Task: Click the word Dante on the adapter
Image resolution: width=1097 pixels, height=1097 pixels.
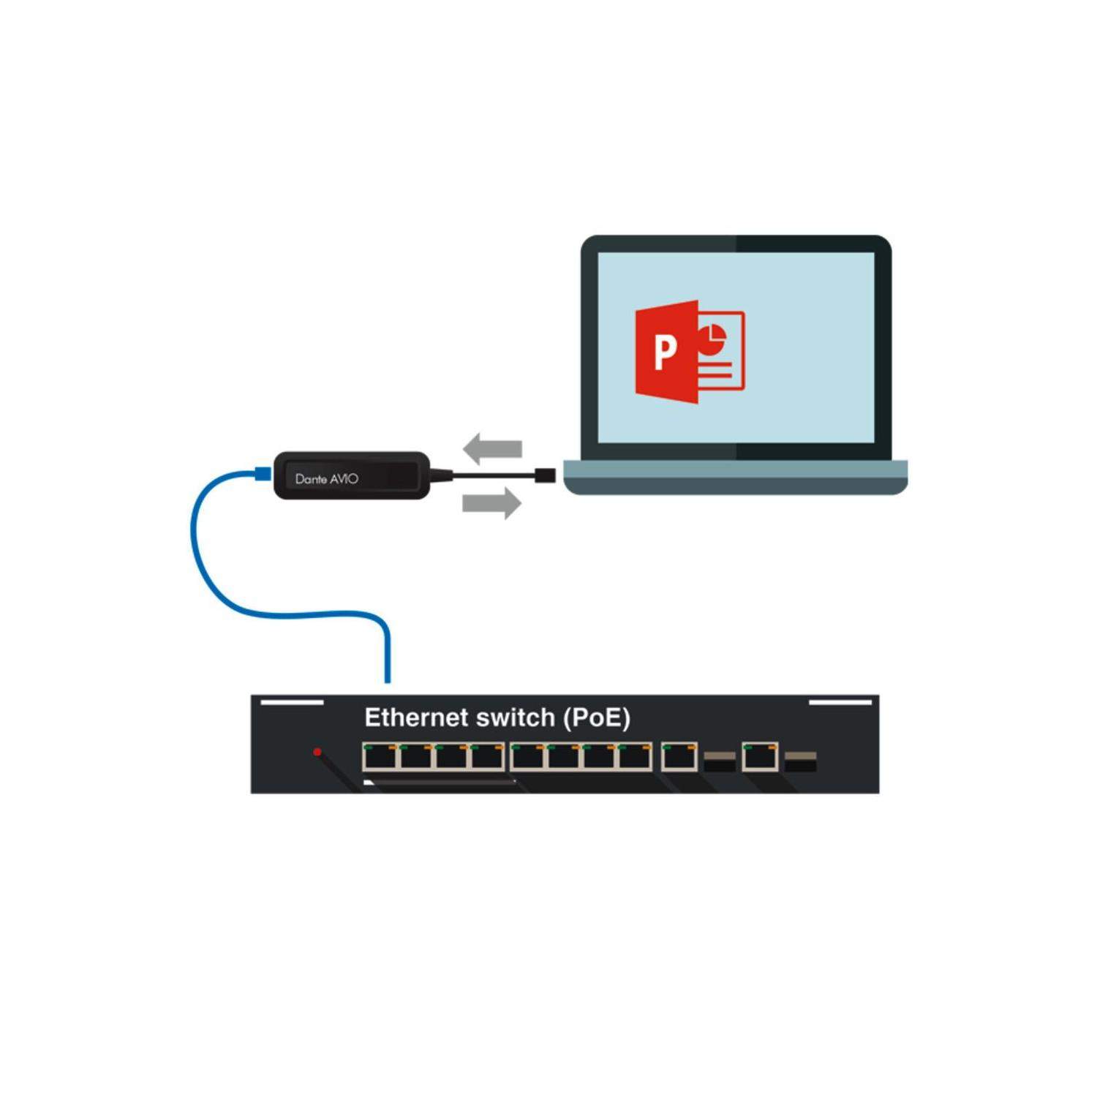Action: point(311,479)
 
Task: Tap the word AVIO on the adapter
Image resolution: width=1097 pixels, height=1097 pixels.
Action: point(344,479)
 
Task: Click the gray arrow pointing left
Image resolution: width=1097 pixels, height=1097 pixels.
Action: point(493,448)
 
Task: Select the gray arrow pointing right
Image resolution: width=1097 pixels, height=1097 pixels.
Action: point(492,503)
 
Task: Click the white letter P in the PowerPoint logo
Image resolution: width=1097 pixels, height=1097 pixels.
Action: point(665,352)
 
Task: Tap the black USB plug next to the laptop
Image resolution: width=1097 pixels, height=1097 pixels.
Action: point(546,475)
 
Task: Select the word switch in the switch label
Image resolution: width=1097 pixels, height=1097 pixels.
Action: point(516,717)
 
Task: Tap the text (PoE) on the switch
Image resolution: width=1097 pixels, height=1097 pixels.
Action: point(597,718)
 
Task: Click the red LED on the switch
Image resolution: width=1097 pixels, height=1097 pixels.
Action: point(317,752)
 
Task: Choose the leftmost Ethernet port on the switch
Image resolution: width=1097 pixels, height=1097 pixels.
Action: point(380,757)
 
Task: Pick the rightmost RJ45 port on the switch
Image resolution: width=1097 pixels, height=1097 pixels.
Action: point(761,757)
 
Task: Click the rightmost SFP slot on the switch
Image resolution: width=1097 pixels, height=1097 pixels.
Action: point(801,762)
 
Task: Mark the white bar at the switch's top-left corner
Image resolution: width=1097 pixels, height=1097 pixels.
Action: point(293,702)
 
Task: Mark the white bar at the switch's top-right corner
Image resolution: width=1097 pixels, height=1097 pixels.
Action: point(840,702)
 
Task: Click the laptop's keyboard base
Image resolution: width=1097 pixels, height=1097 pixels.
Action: point(735,477)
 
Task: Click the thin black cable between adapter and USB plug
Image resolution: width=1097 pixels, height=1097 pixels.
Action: point(493,475)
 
